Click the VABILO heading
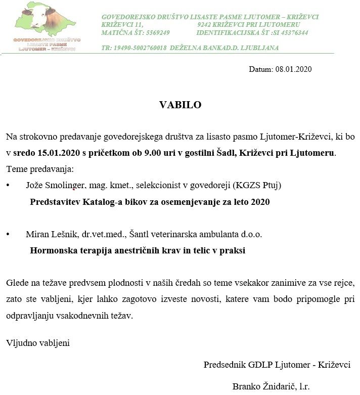(181, 105)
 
